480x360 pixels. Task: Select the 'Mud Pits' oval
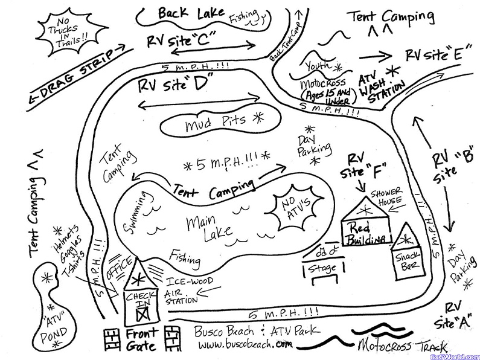click(x=213, y=124)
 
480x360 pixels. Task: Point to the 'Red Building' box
click(x=365, y=233)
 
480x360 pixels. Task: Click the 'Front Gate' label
click(x=142, y=339)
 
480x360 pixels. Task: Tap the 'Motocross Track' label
click(x=402, y=347)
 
